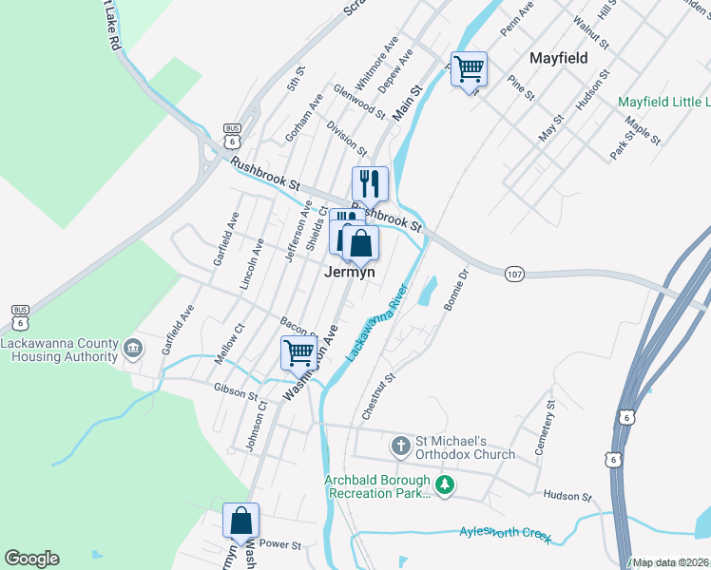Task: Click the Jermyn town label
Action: point(350,272)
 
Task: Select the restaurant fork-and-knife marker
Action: point(370,184)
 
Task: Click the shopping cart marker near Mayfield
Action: point(469,68)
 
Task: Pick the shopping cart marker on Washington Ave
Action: point(298,352)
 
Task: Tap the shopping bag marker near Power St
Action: point(240,521)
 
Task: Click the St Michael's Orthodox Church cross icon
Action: point(401,445)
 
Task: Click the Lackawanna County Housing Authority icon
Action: point(133,351)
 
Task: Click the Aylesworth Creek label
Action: point(505,534)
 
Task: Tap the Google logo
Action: point(31,559)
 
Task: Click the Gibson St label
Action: point(236,391)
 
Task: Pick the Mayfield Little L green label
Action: point(663,102)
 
